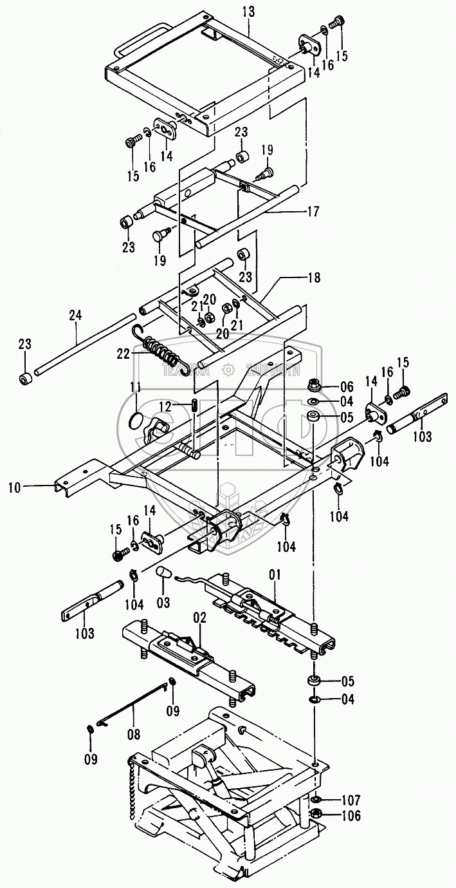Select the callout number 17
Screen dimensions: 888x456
(313, 210)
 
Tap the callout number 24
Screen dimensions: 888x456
(75, 316)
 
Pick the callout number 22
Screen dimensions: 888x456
(122, 353)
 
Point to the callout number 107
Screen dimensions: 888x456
(351, 802)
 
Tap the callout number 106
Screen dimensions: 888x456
(351, 817)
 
